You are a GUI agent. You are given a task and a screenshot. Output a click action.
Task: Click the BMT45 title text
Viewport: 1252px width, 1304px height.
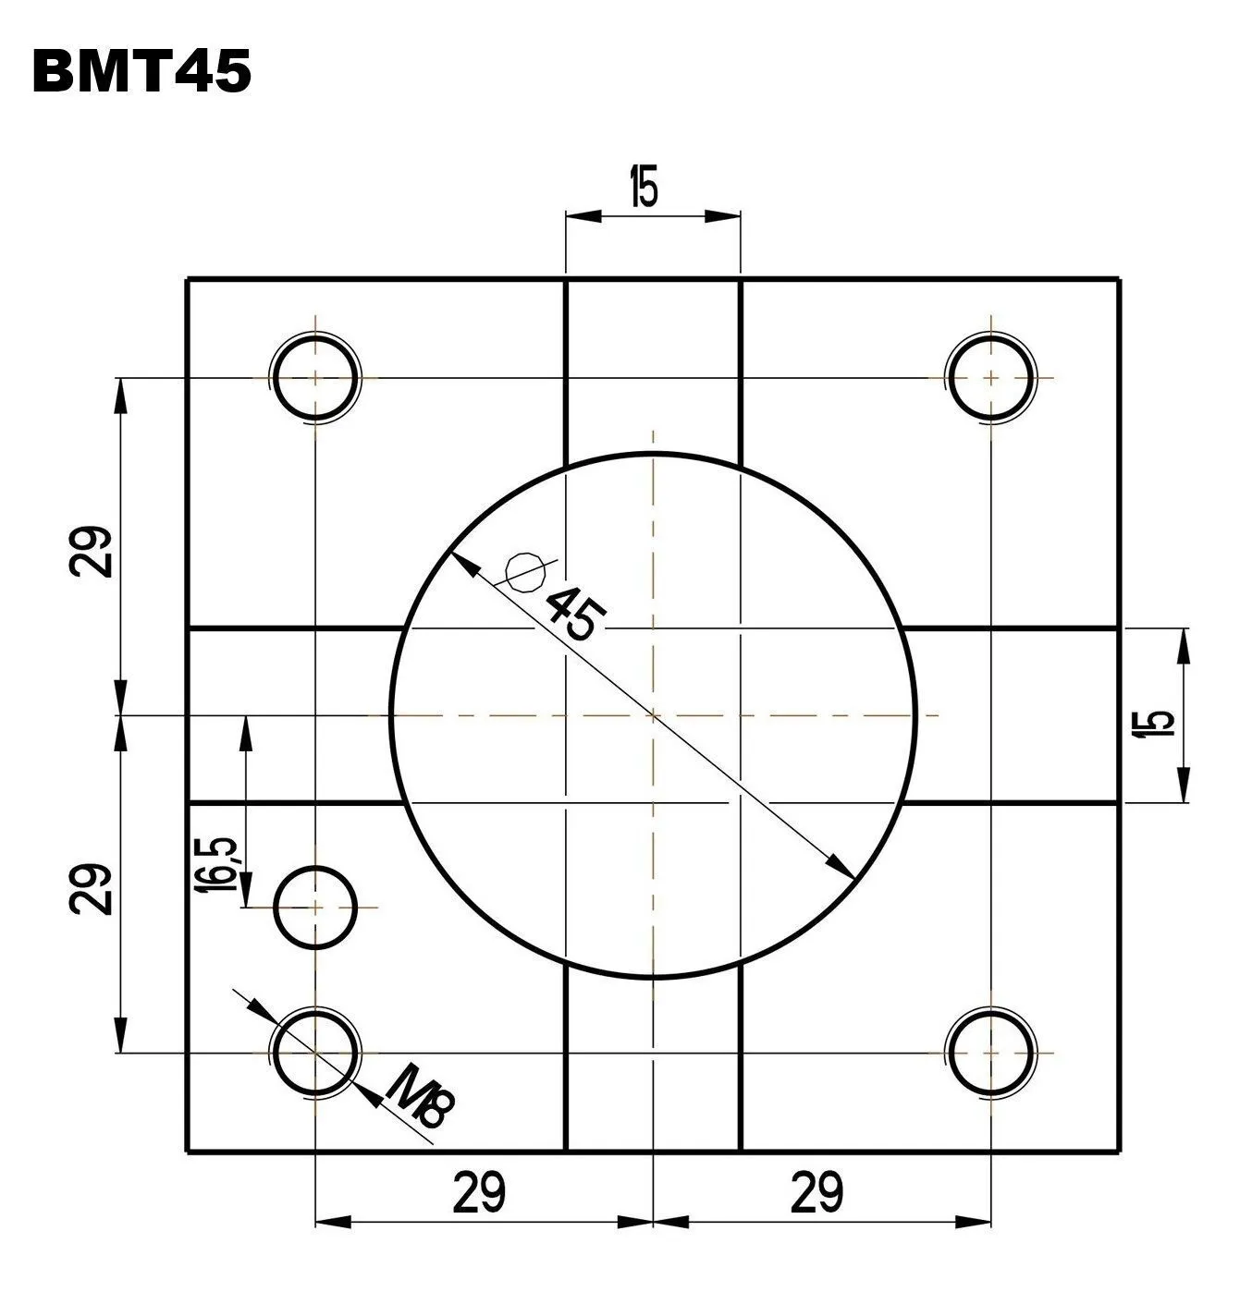(x=141, y=72)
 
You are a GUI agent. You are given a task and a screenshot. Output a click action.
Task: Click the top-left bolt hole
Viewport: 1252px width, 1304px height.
(x=315, y=378)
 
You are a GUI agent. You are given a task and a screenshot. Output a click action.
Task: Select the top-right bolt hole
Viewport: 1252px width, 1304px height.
(x=990, y=378)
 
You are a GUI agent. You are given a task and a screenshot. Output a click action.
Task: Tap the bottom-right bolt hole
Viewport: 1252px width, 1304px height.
(x=990, y=1053)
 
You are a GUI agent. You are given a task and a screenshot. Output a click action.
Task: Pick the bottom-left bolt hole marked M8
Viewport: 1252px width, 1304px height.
(x=315, y=1053)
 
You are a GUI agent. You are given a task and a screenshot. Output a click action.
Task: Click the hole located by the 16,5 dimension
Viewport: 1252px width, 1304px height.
(x=315, y=908)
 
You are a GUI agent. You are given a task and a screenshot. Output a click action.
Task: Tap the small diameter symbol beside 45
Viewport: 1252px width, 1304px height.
(x=524, y=571)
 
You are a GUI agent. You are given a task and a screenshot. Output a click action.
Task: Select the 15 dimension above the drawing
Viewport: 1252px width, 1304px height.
(x=644, y=188)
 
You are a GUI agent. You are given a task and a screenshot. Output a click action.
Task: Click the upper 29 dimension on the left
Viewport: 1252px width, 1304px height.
(x=92, y=552)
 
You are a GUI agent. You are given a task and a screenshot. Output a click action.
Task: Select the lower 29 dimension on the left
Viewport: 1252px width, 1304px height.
(x=92, y=889)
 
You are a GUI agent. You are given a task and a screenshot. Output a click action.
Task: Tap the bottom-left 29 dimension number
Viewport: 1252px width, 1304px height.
(x=479, y=1193)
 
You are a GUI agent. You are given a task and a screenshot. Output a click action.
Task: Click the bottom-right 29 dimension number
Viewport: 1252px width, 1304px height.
(x=817, y=1193)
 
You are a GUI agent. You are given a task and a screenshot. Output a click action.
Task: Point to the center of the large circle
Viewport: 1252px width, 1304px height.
(x=654, y=714)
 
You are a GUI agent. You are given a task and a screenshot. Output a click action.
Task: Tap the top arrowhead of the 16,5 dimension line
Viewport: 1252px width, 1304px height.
(x=245, y=727)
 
